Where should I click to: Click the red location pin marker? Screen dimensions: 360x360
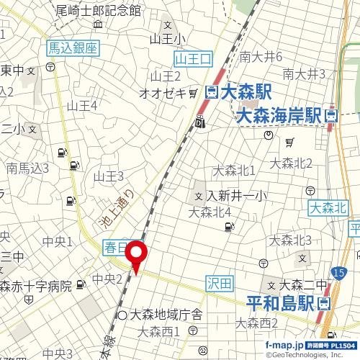[137, 256]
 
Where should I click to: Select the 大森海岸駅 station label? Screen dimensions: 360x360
[282, 115]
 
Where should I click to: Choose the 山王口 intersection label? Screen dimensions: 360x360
[192, 56]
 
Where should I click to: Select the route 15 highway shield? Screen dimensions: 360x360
[339, 270]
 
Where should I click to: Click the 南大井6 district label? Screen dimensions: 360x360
[261, 56]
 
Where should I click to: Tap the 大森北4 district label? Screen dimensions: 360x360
[209, 212]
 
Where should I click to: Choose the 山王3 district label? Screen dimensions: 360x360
[109, 176]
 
